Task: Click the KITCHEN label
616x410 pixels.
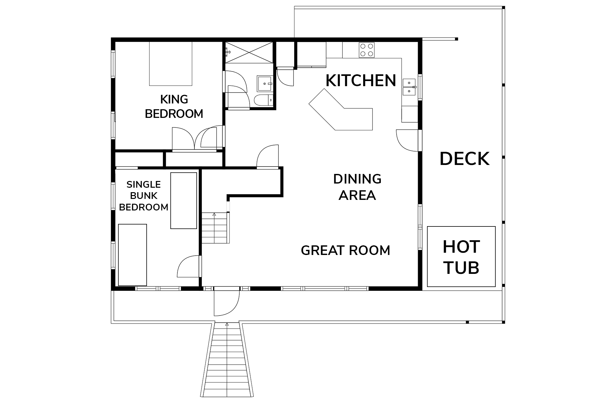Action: click(361, 80)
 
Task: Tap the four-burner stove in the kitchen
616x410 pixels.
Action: click(367, 50)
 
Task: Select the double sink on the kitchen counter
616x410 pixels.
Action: click(409, 87)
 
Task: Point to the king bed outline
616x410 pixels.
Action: click(171, 64)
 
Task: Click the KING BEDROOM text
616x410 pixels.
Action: click(174, 107)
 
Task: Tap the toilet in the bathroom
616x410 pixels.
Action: click(263, 100)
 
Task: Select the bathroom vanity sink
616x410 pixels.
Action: click(264, 84)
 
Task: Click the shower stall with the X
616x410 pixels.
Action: click(249, 52)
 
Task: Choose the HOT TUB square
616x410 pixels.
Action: click(461, 257)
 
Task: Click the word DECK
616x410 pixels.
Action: click(464, 159)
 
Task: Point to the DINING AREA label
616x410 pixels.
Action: click(357, 187)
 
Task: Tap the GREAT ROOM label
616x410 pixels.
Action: click(346, 250)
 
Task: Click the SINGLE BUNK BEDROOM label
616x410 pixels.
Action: click(143, 196)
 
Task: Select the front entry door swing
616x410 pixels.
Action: click(227, 303)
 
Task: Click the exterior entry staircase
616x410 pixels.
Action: click(227, 360)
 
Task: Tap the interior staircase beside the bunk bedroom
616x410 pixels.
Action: click(215, 228)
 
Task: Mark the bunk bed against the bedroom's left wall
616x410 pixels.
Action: click(133, 255)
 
